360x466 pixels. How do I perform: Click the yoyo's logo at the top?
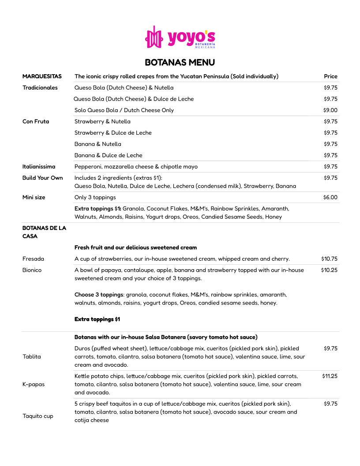(180, 37)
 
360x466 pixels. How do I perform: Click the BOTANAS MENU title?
(180, 62)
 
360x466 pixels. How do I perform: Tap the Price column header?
(330, 76)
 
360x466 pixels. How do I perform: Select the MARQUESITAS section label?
(42, 76)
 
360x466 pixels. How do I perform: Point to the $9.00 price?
(330, 110)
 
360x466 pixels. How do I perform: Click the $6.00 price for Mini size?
(330, 197)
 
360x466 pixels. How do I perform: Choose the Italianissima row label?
(39, 167)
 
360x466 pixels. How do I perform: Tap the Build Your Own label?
(42, 178)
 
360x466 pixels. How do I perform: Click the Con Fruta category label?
(36, 121)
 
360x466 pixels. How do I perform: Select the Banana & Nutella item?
(97, 144)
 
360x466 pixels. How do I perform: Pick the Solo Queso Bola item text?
(124, 110)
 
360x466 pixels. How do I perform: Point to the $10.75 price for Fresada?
(329, 259)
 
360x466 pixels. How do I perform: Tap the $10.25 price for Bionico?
(329, 270)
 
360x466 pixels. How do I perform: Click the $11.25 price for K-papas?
(330, 376)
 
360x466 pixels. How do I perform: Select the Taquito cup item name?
(38, 416)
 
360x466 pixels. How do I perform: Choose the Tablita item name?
(32, 357)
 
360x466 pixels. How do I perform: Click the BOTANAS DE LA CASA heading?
(44, 232)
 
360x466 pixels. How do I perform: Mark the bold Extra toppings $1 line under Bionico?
(97, 319)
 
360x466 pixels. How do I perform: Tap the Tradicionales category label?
(40, 88)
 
